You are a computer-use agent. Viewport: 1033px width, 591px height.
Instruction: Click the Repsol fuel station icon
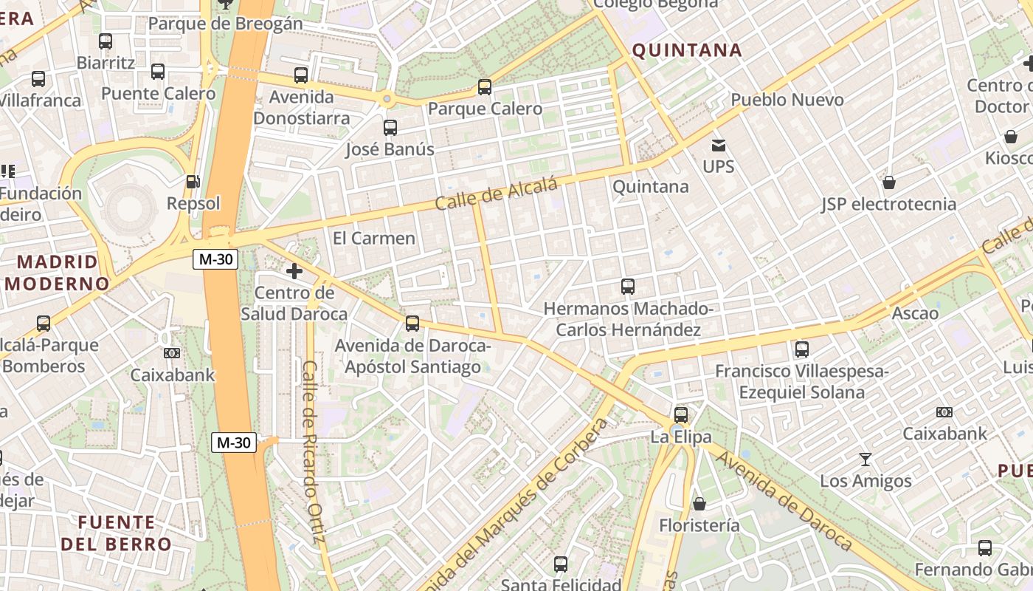193,181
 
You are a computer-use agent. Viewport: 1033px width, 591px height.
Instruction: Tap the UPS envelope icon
718,146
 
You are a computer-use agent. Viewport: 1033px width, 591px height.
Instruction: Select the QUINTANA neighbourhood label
687,50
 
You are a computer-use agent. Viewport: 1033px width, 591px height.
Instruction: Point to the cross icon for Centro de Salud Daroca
294,271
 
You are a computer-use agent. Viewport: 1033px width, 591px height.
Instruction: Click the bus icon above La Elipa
680,415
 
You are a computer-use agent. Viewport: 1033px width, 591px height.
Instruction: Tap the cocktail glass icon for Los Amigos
866,460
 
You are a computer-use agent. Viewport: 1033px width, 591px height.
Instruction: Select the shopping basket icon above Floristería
699,504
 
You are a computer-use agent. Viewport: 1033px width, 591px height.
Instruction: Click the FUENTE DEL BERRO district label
117,533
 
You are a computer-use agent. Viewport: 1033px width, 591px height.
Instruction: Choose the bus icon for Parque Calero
485,87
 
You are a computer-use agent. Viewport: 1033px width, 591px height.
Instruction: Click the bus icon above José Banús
390,128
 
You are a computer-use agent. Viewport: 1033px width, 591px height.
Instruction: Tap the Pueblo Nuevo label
787,100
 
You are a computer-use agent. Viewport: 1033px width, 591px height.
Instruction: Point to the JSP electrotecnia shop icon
889,182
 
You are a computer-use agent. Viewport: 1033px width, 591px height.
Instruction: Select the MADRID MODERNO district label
58,273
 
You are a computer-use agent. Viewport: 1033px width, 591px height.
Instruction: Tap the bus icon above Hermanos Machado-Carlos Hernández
628,287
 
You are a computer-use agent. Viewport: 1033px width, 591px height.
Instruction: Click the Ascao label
915,313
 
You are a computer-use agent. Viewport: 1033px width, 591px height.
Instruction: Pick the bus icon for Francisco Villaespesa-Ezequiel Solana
802,349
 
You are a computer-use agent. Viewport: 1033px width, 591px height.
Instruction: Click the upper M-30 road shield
215,259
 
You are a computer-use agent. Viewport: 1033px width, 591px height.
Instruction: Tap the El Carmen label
374,238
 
